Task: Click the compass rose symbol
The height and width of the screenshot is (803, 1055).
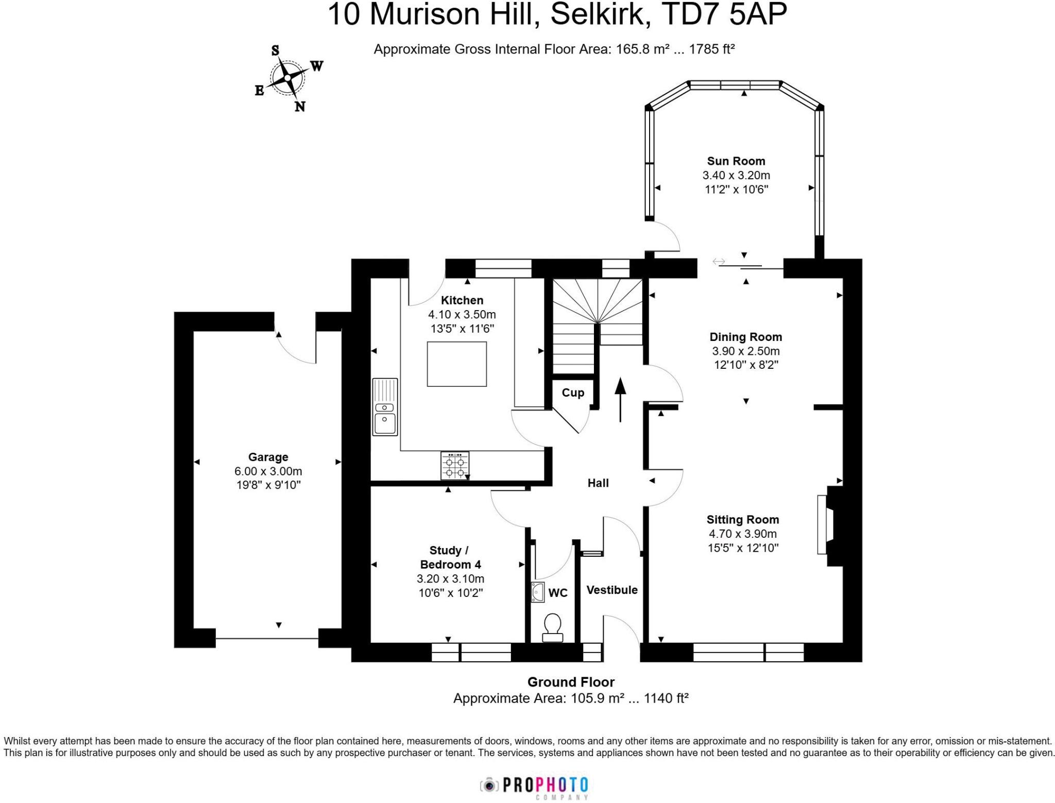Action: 287,78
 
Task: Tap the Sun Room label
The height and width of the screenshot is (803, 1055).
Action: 736,161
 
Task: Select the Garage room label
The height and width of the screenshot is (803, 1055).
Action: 268,457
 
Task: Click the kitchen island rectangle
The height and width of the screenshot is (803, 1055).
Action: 456,364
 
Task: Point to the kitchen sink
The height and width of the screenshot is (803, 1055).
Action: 385,407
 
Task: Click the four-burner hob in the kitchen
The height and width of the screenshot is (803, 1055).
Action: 455,466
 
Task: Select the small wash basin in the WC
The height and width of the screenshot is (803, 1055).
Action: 538,592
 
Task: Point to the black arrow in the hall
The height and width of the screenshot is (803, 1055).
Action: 620,399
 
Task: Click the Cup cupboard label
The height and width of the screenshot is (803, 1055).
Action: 573,392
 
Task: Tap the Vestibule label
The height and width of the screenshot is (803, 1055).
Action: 612,590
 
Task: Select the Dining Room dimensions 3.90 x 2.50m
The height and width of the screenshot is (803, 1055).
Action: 745,351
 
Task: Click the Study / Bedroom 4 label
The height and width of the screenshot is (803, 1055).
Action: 450,557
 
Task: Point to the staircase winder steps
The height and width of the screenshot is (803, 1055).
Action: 597,304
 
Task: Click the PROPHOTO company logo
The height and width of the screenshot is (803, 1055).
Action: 535,785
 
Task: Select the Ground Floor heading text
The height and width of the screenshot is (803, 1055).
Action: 571,682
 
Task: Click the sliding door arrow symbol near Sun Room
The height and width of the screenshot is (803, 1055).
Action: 718,262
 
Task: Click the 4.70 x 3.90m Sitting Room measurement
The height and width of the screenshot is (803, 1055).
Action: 742,534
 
